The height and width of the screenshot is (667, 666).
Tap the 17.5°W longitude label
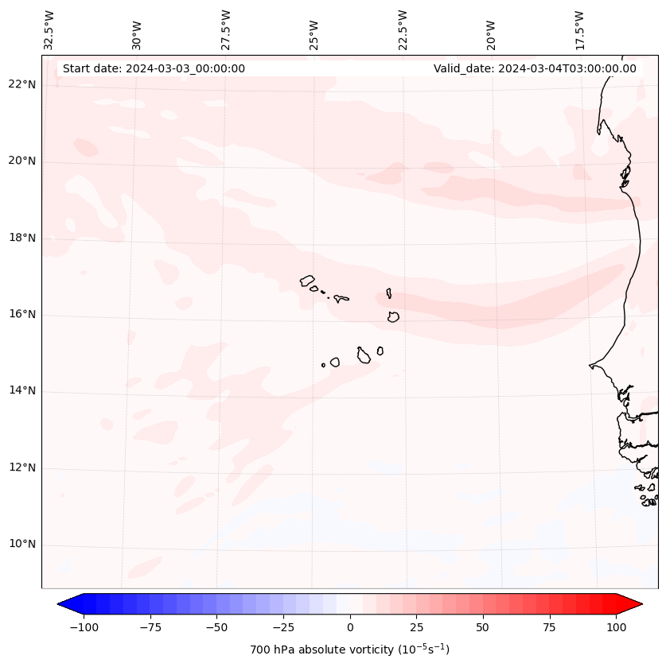(580, 30)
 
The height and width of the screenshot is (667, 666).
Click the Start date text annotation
(154, 68)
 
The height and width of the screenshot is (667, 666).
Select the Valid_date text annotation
(535, 68)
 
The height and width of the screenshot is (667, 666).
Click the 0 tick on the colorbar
(350, 627)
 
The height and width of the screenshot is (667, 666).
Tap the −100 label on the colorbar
(84, 627)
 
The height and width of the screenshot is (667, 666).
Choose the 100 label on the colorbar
(615, 627)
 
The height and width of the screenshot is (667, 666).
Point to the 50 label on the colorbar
(482, 627)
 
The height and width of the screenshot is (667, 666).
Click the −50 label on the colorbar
(217, 627)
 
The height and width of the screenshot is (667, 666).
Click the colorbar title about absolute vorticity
(350, 650)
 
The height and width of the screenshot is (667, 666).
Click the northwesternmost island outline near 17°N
(307, 281)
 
